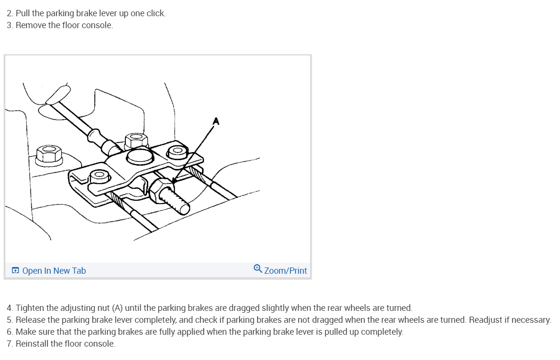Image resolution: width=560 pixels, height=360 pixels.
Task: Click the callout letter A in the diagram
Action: [x=216, y=122]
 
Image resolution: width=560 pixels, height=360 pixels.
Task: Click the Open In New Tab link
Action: [x=54, y=271]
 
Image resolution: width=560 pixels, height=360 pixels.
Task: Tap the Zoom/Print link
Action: [x=285, y=271]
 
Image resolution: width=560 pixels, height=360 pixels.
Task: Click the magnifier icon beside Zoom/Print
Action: [x=258, y=268]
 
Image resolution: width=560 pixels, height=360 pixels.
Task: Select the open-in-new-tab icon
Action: [x=15, y=270]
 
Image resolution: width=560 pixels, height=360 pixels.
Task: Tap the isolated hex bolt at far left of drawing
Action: [x=49, y=155]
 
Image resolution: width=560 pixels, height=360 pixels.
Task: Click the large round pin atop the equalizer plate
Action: [x=140, y=157]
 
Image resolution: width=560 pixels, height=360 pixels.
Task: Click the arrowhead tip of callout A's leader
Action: [x=173, y=182]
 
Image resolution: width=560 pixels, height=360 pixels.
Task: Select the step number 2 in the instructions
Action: [x=9, y=13]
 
